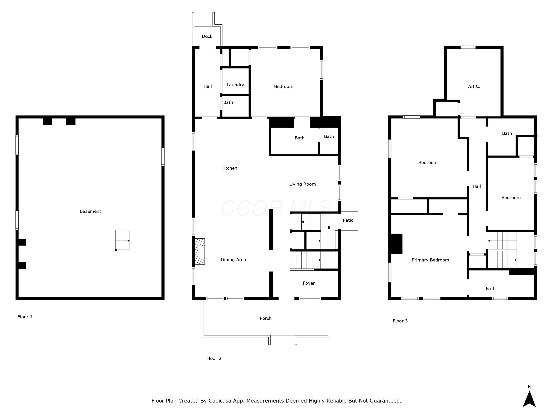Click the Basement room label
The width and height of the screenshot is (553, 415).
90,211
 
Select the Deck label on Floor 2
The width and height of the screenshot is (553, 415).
207,37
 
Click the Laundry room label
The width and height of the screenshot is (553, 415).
235,85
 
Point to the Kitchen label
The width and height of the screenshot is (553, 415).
229,168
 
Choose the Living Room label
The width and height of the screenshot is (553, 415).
302,184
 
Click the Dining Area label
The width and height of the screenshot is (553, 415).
233,260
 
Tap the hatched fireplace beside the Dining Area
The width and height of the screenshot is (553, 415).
200,251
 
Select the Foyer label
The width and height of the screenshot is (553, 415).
309,283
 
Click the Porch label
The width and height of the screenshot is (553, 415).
265,318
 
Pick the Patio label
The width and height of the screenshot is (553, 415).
348,220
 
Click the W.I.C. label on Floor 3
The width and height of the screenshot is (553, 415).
474,86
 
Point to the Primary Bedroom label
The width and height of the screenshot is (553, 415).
430,260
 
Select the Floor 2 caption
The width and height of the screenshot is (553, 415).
214,358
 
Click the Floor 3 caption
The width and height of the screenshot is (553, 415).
400,321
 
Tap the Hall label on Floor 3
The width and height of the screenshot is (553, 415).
477,186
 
